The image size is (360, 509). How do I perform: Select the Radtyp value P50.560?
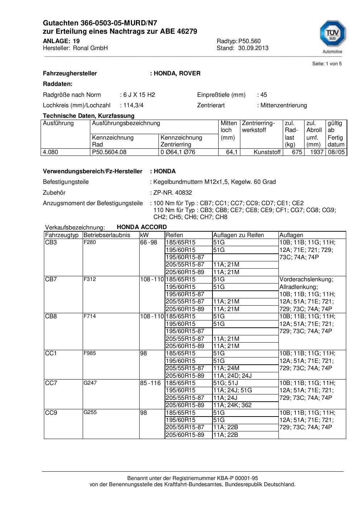(x=249, y=41)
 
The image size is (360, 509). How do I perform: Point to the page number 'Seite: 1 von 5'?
(x=327, y=64)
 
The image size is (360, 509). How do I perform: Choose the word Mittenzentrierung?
(x=283, y=105)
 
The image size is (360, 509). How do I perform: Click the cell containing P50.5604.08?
(x=109, y=152)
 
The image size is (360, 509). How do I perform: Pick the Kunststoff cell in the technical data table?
(x=267, y=152)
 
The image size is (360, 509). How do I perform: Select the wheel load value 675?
(x=297, y=152)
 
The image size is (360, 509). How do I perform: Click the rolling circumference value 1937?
(x=316, y=152)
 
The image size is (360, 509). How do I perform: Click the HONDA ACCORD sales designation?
(x=142, y=227)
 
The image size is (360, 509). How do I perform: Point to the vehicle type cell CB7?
(x=51, y=279)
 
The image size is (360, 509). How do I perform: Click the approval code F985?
(x=90, y=353)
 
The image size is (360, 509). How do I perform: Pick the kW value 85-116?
(x=150, y=383)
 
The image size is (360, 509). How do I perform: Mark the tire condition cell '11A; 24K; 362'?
(x=232, y=405)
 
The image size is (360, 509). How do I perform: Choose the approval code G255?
(x=90, y=412)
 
